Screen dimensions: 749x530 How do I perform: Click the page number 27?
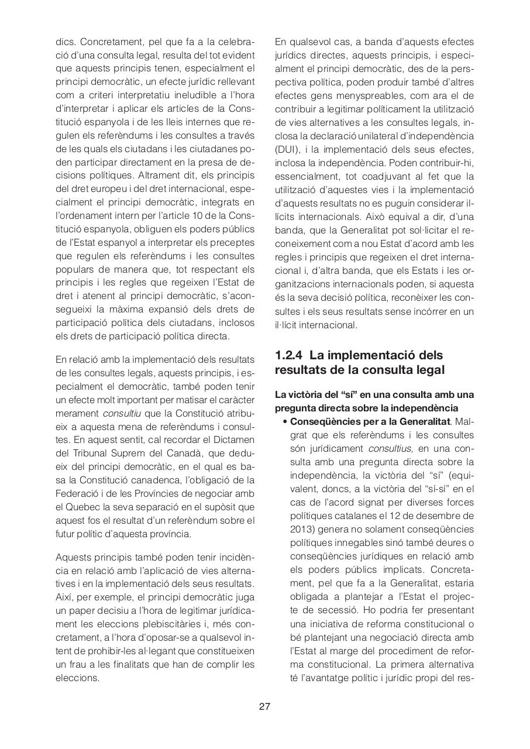tap(264, 706)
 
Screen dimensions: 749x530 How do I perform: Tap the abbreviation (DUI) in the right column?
tap(287, 149)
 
